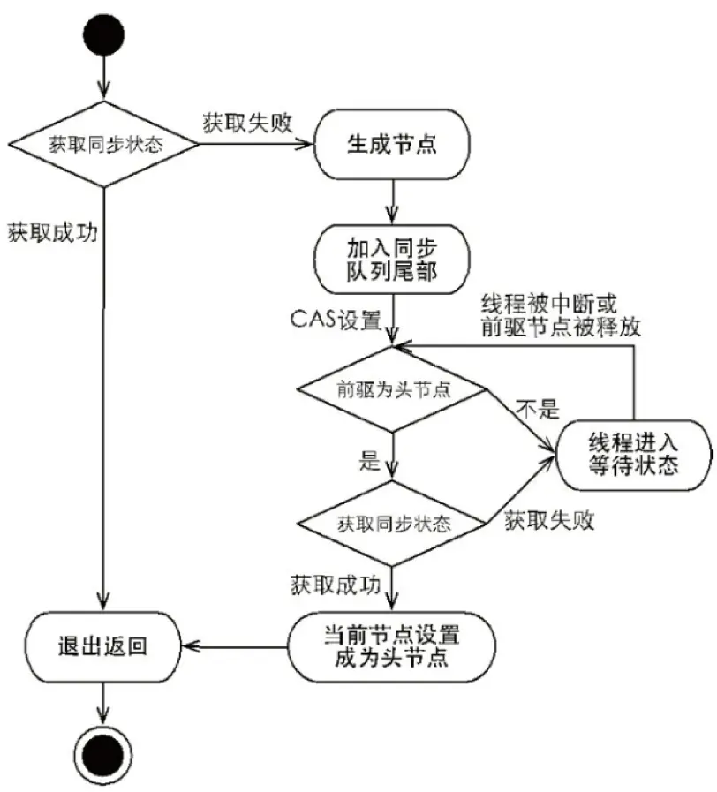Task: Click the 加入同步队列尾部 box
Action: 389,257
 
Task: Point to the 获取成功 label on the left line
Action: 52,234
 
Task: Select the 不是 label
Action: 538,409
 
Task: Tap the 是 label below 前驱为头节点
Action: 368,460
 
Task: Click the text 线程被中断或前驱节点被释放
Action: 560,315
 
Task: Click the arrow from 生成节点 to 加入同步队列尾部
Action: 389,200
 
